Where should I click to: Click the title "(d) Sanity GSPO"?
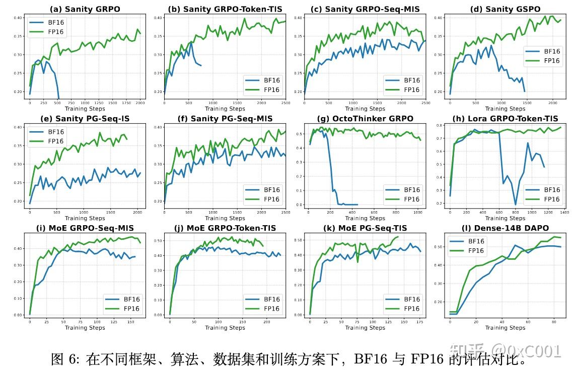click(505, 9)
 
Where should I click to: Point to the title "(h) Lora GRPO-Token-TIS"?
click(505, 119)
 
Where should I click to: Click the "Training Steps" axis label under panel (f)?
click(225, 218)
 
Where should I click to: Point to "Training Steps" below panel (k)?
click(365, 328)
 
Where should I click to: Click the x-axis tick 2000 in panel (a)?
click(139, 103)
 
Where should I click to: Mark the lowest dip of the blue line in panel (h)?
click(515, 205)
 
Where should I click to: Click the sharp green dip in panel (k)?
click(357, 262)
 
